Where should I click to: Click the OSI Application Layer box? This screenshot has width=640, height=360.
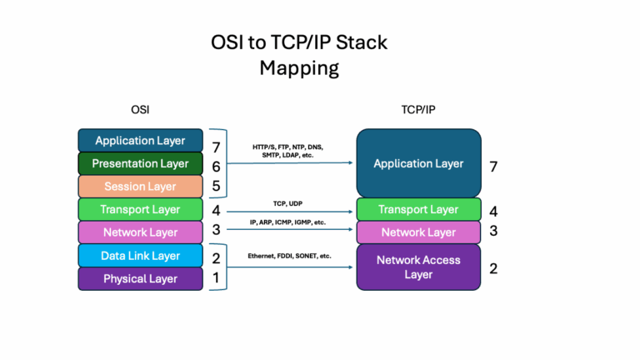[x=140, y=141]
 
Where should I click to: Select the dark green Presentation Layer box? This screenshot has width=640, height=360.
[x=140, y=163]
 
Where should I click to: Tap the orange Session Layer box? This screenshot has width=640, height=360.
[x=140, y=187]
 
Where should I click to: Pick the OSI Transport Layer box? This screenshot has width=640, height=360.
[x=140, y=209]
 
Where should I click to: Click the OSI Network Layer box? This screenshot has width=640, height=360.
[x=140, y=232]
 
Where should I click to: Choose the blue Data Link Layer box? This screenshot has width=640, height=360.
[x=140, y=256]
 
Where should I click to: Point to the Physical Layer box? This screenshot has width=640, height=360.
[x=140, y=278]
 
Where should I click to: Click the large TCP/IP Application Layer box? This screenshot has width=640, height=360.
[x=418, y=163]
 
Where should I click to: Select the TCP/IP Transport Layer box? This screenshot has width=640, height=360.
[x=418, y=209]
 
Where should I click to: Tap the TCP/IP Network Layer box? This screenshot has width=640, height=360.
[x=418, y=232]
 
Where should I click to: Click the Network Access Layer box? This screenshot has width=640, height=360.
[x=418, y=267]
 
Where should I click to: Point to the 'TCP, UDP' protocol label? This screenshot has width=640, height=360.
[x=288, y=202]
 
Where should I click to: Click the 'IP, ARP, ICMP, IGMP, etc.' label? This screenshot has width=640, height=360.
[x=288, y=223]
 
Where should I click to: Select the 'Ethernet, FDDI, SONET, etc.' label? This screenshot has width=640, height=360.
[x=289, y=256]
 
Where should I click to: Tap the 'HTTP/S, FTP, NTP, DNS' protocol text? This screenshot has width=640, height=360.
[x=287, y=147]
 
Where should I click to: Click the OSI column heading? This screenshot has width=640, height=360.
[x=140, y=109]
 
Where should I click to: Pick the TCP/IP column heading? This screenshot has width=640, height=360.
[x=418, y=109]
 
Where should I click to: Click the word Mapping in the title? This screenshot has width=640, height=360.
[x=299, y=67]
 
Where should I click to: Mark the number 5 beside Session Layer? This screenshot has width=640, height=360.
[x=216, y=187]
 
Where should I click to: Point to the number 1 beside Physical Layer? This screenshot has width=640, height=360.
[x=216, y=278]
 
